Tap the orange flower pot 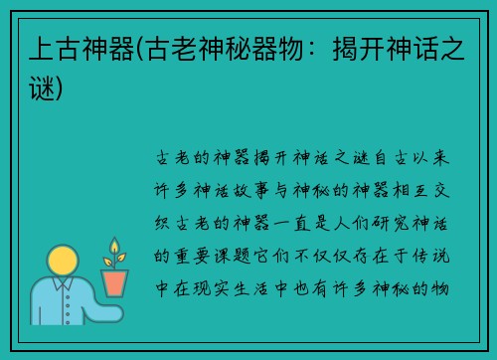click(x=115, y=282)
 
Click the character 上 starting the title click(x=36, y=48)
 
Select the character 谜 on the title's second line click(x=36, y=89)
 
